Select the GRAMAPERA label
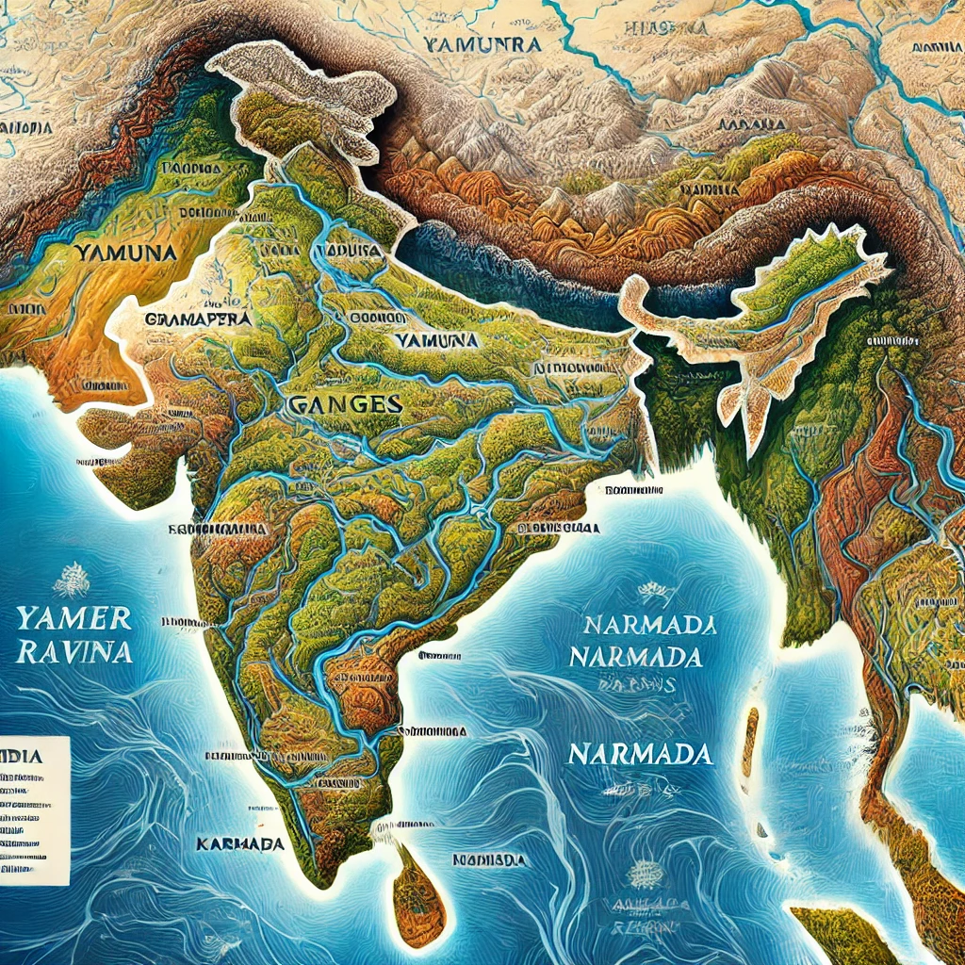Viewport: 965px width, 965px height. (200, 319)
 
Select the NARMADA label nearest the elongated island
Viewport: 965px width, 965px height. (641, 755)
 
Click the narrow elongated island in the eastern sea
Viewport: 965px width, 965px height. (750, 745)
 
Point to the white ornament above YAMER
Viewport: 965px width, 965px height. (71, 579)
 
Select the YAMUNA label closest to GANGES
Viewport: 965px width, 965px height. (435, 339)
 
